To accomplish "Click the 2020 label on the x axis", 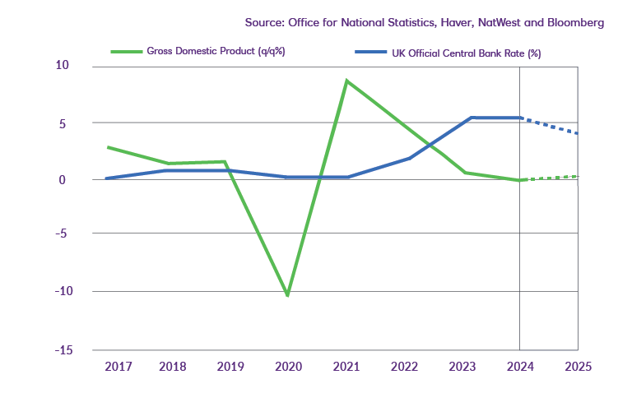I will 288,366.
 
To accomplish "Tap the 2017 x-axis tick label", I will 118,366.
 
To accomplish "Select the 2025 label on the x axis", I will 578,366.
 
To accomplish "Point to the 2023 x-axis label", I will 463,366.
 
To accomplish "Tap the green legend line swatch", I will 127,51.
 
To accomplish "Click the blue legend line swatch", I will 370,51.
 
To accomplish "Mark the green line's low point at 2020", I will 287,294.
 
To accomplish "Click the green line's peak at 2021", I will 346,81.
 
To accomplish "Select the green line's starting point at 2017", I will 108,147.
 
